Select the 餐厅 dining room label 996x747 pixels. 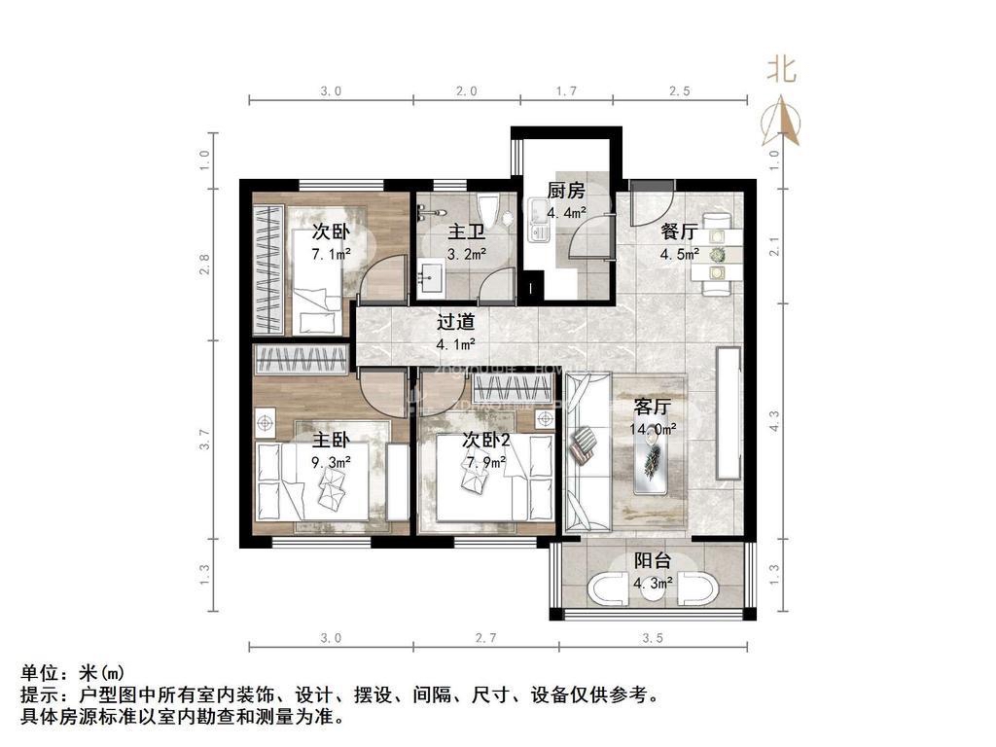point(679,232)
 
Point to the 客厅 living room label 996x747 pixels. point(654,407)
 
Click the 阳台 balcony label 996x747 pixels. point(653,561)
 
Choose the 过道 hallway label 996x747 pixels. point(455,322)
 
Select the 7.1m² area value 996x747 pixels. point(331,253)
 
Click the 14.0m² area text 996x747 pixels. point(654,428)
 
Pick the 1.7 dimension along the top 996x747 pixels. point(566,91)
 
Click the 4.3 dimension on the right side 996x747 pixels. point(774,421)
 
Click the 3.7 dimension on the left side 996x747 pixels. point(205,441)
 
